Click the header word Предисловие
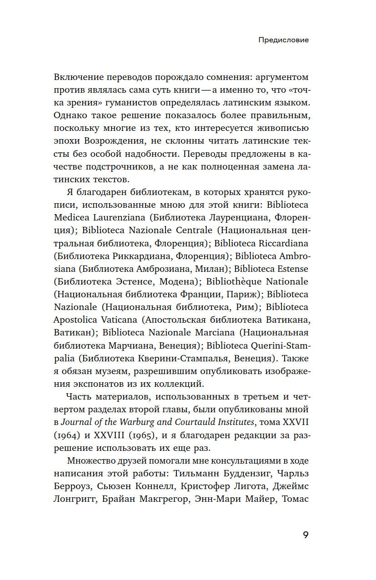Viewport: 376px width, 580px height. click(283, 40)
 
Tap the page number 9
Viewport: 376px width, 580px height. click(306, 535)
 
